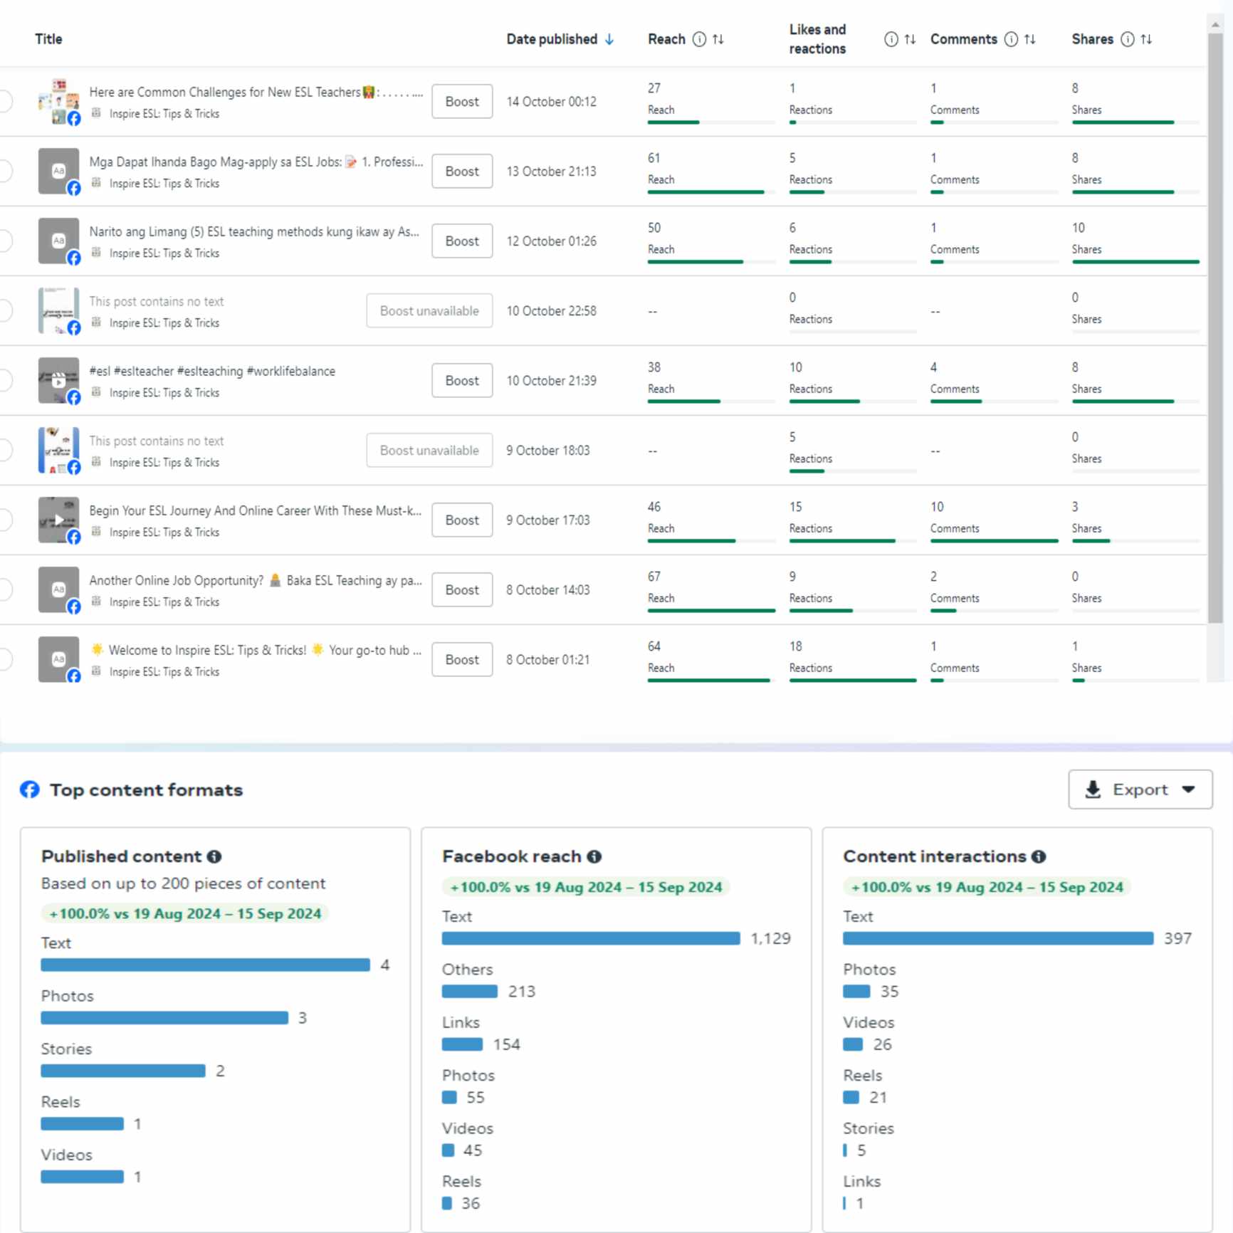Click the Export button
point(1140,789)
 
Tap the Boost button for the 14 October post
point(462,102)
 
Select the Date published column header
point(552,39)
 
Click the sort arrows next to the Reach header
point(718,39)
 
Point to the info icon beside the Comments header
point(1011,39)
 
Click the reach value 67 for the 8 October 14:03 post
point(654,577)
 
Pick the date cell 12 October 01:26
point(551,241)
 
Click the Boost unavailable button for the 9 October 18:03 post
point(429,451)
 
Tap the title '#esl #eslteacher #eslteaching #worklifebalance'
point(212,371)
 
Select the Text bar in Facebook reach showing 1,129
point(591,938)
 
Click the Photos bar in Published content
point(164,1018)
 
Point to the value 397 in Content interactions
point(1177,938)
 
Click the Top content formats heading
point(146,790)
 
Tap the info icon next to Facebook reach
point(594,856)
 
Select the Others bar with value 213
point(470,991)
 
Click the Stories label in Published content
point(66,1049)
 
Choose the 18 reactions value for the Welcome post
point(795,646)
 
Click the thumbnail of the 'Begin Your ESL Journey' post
point(58,520)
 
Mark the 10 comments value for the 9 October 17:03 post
point(937,507)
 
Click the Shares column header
point(1092,39)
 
